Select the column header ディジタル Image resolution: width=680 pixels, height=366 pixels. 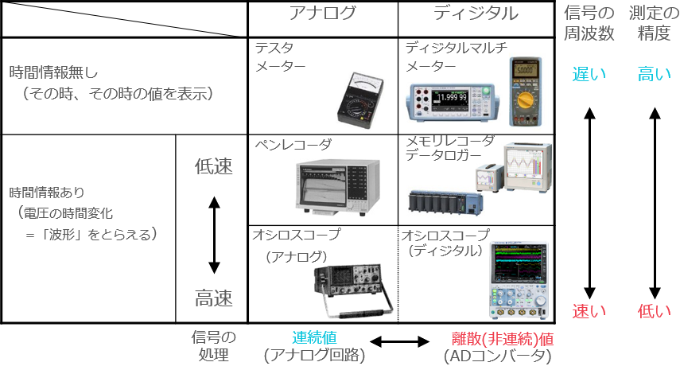(476, 14)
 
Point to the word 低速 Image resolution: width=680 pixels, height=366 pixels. (214, 167)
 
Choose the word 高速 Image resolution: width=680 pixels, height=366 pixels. (214, 298)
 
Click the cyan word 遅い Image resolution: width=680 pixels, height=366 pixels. (589, 75)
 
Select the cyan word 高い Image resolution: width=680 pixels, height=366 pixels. (655, 75)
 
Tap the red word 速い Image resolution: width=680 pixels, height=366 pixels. (589, 310)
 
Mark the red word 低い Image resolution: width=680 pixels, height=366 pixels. (655, 310)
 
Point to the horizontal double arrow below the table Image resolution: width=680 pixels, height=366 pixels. (399, 342)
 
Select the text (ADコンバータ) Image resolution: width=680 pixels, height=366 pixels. (497, 356)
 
